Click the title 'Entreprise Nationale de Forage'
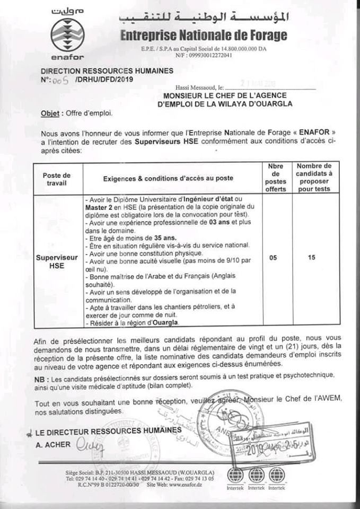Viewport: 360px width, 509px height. [x=204, y=36]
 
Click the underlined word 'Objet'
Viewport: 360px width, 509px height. [x=50, y=113]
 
